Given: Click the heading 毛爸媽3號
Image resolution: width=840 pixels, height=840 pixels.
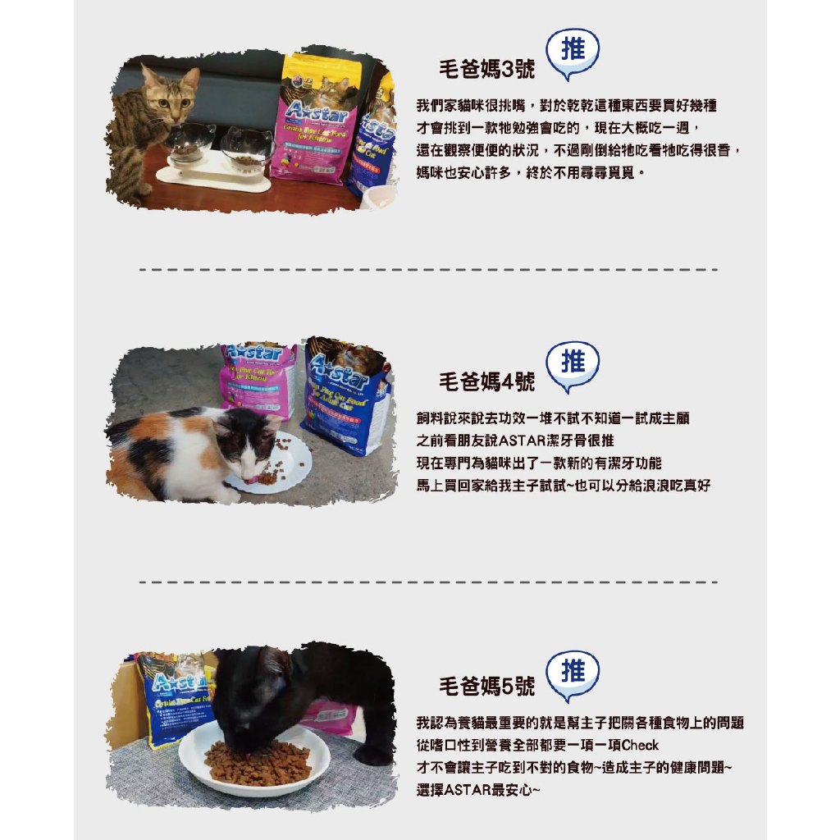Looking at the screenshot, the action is point(486,70).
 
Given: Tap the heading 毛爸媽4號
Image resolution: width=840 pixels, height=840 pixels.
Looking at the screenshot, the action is point(486,382).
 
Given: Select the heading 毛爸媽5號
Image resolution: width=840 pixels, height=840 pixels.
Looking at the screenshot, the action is point(486,687).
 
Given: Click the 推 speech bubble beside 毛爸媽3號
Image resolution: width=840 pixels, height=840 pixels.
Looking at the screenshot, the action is point(572,52).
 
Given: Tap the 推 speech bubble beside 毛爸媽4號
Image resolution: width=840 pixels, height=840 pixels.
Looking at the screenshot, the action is point(572,365).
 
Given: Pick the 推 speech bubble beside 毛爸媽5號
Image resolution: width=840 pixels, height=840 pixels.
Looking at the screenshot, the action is point(572,674).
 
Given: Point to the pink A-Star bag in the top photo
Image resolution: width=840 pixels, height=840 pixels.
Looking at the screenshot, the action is point(315,119).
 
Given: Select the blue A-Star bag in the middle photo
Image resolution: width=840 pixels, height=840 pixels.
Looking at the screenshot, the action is point(347,396).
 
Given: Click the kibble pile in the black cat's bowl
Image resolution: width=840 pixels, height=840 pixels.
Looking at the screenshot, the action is point(258,761).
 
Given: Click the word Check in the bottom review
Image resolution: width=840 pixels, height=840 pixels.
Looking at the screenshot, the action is point(640,745).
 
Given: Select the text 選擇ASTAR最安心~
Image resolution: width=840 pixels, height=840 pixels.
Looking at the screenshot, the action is point(478,790).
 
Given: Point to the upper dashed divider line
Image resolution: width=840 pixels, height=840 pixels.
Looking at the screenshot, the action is point(428,269).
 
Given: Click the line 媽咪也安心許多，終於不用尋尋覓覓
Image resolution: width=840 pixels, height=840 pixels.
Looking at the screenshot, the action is point(526,172).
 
